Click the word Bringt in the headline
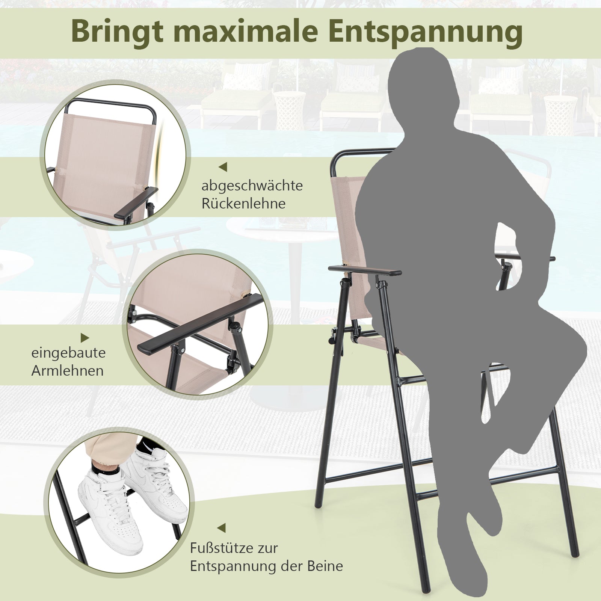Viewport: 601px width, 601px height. click(x=118, y=32)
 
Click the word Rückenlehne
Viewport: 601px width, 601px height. click(x=243, y=204)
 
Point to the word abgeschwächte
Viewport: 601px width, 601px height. click(x=252, y=186)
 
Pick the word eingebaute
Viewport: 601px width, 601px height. click(x=68, y=353)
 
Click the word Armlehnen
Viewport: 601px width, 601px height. click(x=67, y=371)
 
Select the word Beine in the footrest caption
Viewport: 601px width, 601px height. click(x=325, y=566)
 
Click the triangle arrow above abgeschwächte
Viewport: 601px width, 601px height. click(x=223, y=167)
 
